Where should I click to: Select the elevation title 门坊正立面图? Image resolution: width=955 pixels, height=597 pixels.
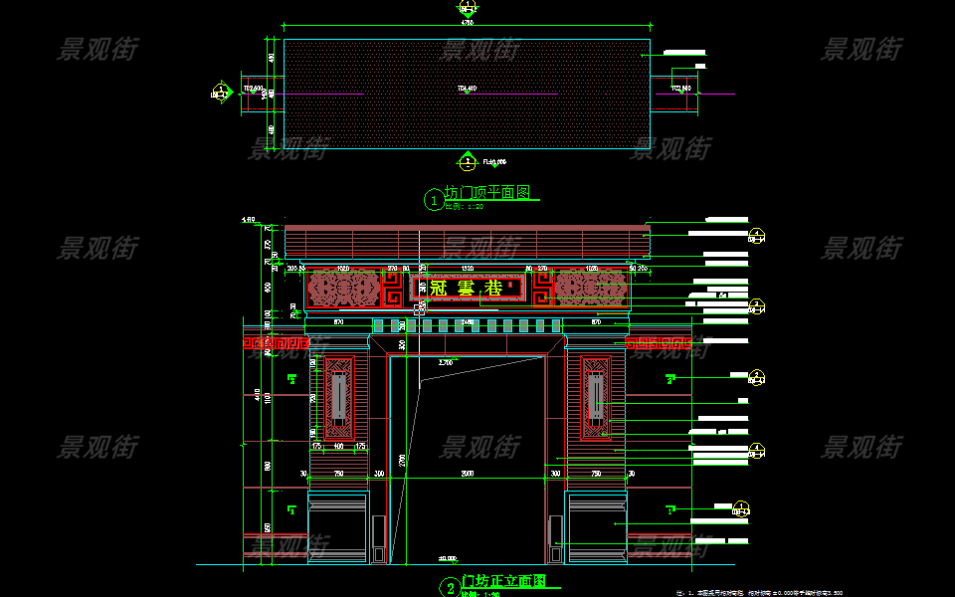click(x=503, y=581)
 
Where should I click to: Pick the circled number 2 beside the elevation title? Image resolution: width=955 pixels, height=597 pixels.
click(x=449, y=587)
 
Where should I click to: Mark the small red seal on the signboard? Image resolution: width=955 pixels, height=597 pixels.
click(x=511, y=286)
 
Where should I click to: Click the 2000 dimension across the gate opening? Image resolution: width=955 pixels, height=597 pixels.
click(x=468, y=475)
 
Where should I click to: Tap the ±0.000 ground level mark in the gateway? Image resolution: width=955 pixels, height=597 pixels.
click(x=447, y=558)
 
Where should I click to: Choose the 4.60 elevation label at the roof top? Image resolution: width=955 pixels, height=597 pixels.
click(x=249, y=219)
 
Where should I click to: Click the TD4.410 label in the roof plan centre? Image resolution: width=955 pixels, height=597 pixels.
click(x=467, y=89)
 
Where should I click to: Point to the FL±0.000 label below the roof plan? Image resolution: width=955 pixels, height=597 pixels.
click(x=494, y=161)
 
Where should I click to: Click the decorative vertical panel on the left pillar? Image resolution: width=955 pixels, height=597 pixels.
click(x=338, y=398)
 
